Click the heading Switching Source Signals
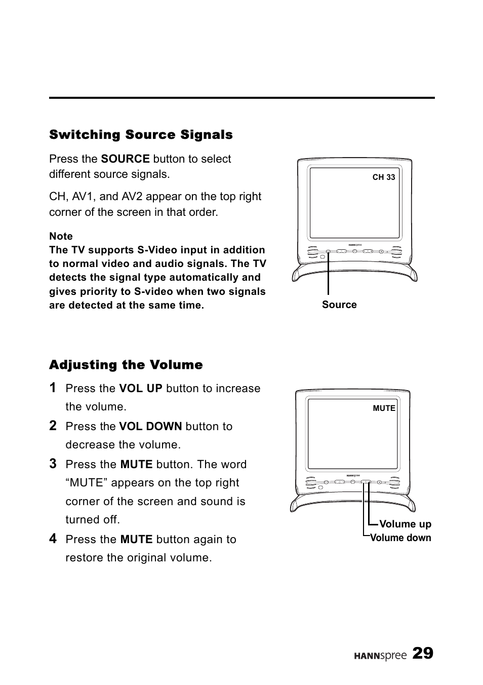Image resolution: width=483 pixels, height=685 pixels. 141,135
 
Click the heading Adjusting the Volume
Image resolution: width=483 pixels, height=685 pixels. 126,365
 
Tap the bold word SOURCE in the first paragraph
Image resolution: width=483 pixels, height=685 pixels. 125,159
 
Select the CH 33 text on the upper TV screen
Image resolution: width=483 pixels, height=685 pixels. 384,177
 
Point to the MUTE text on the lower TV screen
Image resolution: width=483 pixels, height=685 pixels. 384,408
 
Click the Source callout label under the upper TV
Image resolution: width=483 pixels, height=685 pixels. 339,305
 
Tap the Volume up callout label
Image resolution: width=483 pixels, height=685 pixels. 405,524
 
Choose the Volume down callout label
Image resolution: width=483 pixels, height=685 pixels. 400,538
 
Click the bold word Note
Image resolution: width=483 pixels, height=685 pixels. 61,236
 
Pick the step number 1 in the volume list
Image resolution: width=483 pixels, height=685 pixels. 53,388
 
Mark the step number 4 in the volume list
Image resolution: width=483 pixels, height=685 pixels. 53,539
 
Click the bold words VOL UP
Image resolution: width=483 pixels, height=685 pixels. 141,389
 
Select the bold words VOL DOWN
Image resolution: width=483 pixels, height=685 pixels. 150,426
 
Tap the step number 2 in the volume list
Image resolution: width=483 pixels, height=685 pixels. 53,426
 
